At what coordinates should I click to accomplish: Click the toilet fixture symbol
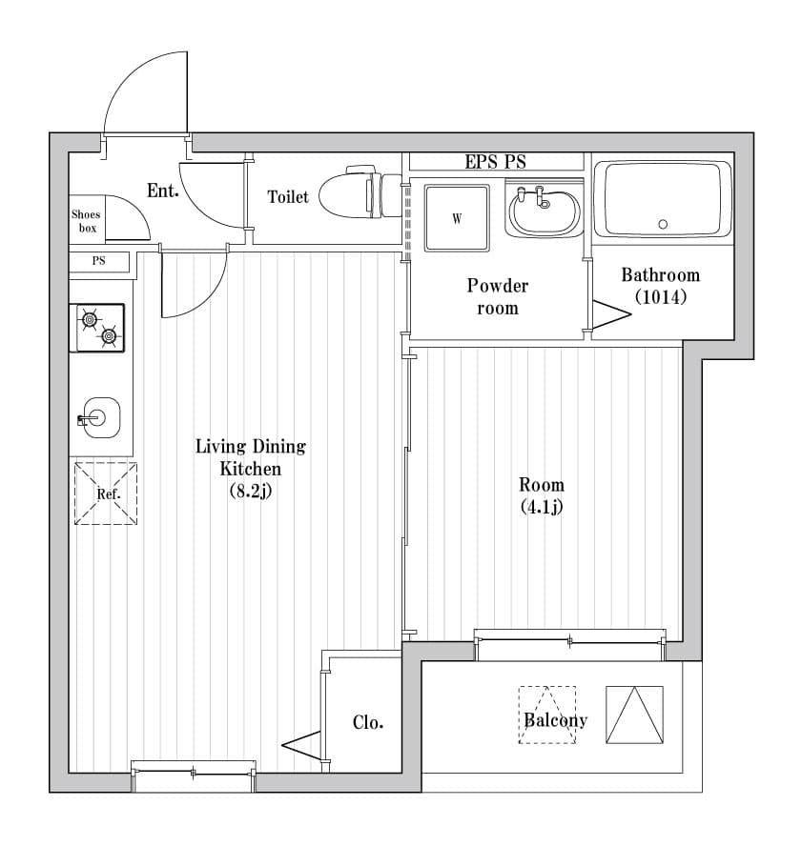[x=360, y=192]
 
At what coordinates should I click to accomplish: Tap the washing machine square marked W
[x=457, y=218]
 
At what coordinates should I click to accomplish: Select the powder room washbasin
[x=544, y=211]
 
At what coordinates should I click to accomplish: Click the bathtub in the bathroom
[x=663, y=200]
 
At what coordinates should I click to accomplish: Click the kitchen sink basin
[x=99, y=418]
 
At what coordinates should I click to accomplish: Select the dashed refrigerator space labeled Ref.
[x=106, y=493]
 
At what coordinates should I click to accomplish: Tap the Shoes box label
[x=86, y=221]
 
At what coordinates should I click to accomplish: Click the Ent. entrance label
[x=162, y=190]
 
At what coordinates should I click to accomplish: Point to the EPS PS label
[x=495, y=161]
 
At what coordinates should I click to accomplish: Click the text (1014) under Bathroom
[x=661, y=296]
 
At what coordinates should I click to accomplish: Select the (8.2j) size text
[x=251, y=491]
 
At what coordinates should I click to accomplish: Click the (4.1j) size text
[x=542, y=507]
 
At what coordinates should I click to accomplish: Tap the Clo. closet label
[x=368, y=722]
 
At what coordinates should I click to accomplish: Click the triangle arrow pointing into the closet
[x=301, y=745]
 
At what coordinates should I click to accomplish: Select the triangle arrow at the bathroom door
[x=612, y=314]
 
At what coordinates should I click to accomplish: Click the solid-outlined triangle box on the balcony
[x=634, y=715]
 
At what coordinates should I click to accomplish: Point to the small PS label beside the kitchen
[x=98, y=261]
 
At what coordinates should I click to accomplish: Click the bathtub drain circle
[x=663, y=225]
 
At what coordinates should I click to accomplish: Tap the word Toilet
[x=288, y=197]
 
